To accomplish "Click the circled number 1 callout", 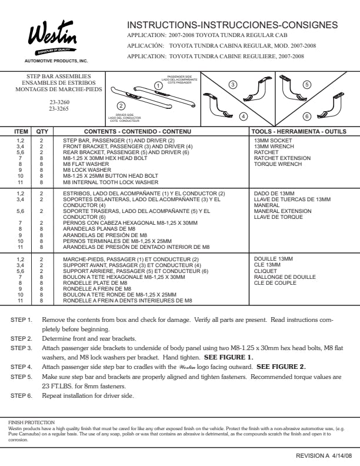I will [158, 85].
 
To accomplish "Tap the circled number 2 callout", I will [121, 106].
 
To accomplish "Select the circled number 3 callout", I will [234, 85].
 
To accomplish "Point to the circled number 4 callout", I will [243, 116].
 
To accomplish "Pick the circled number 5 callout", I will [306, 85].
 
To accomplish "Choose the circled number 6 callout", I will [307, 115].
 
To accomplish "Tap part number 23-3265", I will [58, 108].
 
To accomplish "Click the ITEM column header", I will [21, 132].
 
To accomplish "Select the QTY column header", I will [42, 132].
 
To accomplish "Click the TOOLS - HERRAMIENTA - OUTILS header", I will [299, 132].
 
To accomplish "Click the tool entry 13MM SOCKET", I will [273, 141].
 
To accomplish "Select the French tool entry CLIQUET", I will [265, 270].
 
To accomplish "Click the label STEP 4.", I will [21, 366].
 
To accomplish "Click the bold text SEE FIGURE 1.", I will [228, 357].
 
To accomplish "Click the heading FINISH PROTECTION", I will [31, 422].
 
